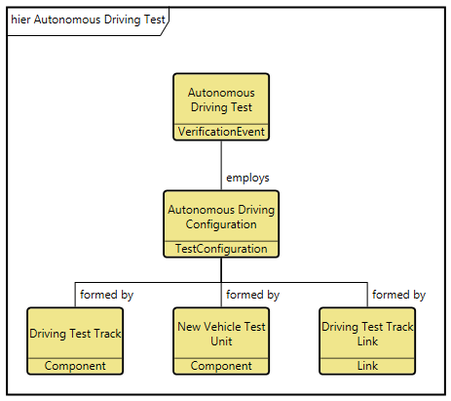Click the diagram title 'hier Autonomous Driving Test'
(x=88, y=19)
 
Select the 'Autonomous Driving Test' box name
(x=221, y=99)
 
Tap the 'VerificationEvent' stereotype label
(x=221, y=132)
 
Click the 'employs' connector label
(x=247, y=178)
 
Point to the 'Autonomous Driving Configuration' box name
(x=221, y=217)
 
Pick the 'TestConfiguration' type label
(x=221, y=249)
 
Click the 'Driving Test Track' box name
(x=75, y=334)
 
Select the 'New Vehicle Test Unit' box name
(x=221, y=334)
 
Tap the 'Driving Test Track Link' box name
(x=367, y=334)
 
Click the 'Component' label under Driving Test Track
(x=75, y=366)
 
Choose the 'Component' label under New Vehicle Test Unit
(x=221, y=366)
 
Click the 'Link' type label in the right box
(x=367, y=366)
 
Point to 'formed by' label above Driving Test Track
(x=106, y=294)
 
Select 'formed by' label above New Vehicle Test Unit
(x=252, y=294)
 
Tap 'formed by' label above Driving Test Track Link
(x=398, y=294)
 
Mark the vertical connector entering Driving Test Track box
(x=75, y=295)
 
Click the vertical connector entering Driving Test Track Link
(x=367, y=295)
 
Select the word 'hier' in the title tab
(x=20, y=19)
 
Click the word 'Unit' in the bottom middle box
(x=221, y=341)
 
